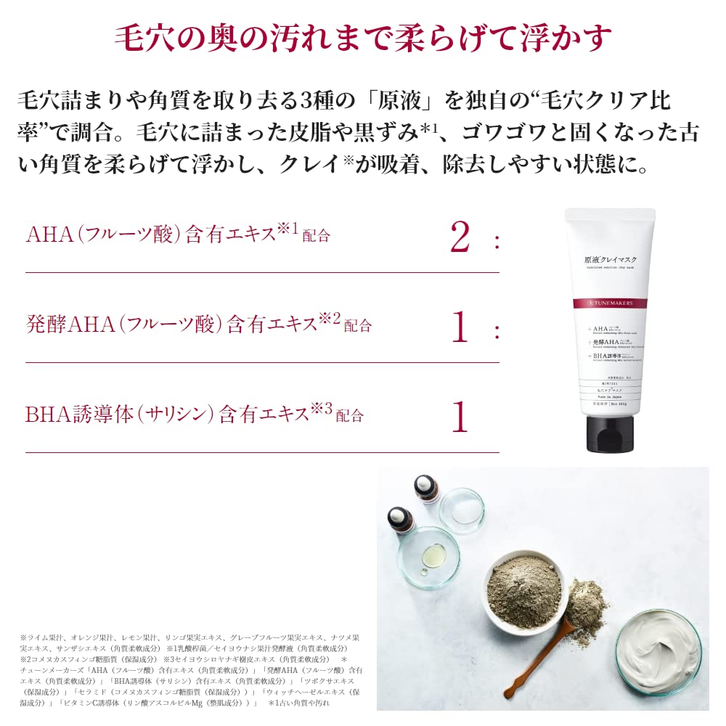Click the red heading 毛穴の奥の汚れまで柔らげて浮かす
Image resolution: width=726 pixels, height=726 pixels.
click(363, 38)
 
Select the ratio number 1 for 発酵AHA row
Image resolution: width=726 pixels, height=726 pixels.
click(460, 327)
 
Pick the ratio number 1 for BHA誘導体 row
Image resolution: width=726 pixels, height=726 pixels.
click(460, 417)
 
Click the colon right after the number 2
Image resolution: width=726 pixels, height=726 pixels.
click(497, 241)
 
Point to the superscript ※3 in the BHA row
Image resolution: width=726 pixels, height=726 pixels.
click(321, 409)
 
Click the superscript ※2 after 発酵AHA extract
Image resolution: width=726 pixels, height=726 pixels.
click(330, 319)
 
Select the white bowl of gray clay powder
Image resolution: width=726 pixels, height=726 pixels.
click(523, 588)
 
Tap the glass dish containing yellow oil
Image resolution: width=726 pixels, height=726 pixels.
click(428, 555)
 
